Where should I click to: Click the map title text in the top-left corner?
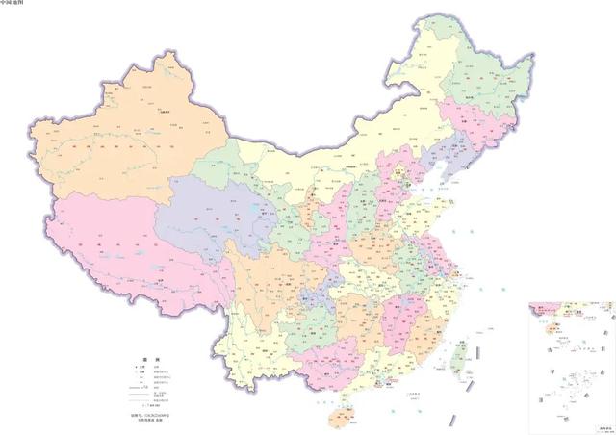(x=13, y=4)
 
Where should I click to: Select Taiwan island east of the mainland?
(x=459, y=353)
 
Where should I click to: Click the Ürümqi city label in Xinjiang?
(x=166, y=114)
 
